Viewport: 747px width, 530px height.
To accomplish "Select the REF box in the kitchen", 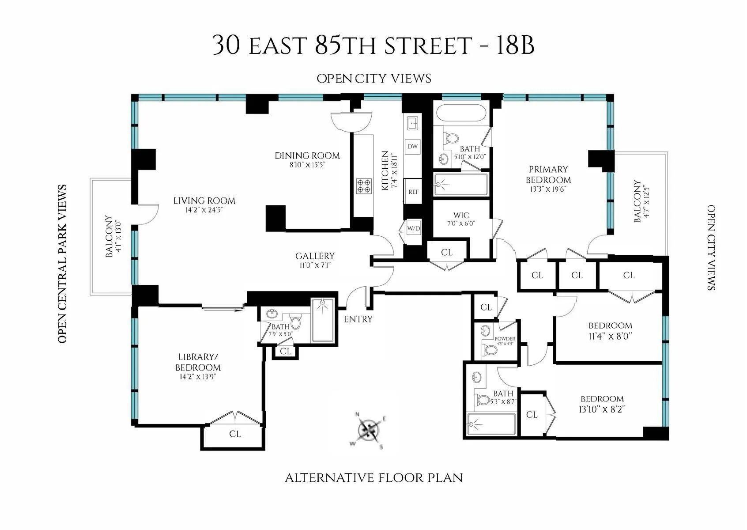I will click(x=413, y=192).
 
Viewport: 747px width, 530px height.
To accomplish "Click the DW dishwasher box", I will click(x=412, y=147).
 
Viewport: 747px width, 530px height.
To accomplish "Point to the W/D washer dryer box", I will click(x=413, y=229).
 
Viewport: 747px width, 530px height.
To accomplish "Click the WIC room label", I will click(x=461, y=216).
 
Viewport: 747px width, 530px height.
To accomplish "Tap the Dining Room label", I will click(x=307, y=155).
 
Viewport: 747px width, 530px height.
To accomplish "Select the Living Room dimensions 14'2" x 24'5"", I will click(x=204, y=210).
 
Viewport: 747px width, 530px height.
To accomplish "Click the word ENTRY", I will click(x=358, y=319).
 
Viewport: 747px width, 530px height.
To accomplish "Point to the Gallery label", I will click(x=315, y=256).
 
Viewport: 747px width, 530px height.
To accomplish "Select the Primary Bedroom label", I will click(x=549, y=174).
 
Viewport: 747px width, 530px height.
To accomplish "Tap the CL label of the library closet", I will click(x=235, y=434).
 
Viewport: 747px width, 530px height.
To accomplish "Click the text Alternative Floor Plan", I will click(x=373, y=478).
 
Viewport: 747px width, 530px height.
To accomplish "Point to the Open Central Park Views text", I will click(x=62, y=264).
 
